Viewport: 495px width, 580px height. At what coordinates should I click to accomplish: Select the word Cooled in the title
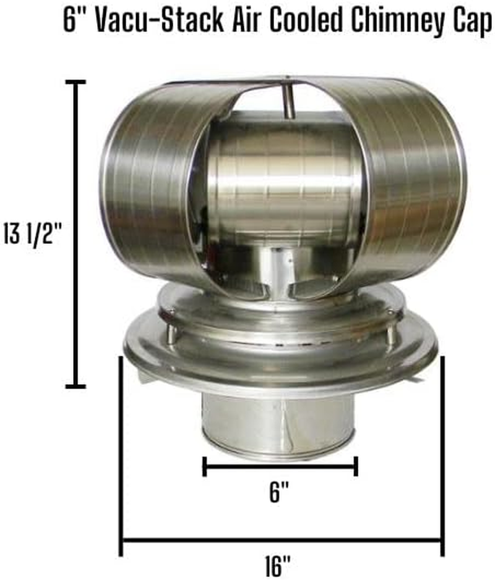[296, 21]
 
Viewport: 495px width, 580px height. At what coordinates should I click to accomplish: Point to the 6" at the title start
[72, 21]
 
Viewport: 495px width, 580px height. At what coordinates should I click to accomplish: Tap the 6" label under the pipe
[280, 493]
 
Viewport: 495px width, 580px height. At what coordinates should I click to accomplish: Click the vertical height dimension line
[75, 235]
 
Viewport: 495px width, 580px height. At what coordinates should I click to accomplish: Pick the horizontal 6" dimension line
[280, 467]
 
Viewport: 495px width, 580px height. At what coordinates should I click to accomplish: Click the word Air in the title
[243, 21]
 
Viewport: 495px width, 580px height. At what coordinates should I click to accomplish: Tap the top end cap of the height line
[75, 82]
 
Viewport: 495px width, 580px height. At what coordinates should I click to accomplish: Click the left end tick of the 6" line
[204, 467]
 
